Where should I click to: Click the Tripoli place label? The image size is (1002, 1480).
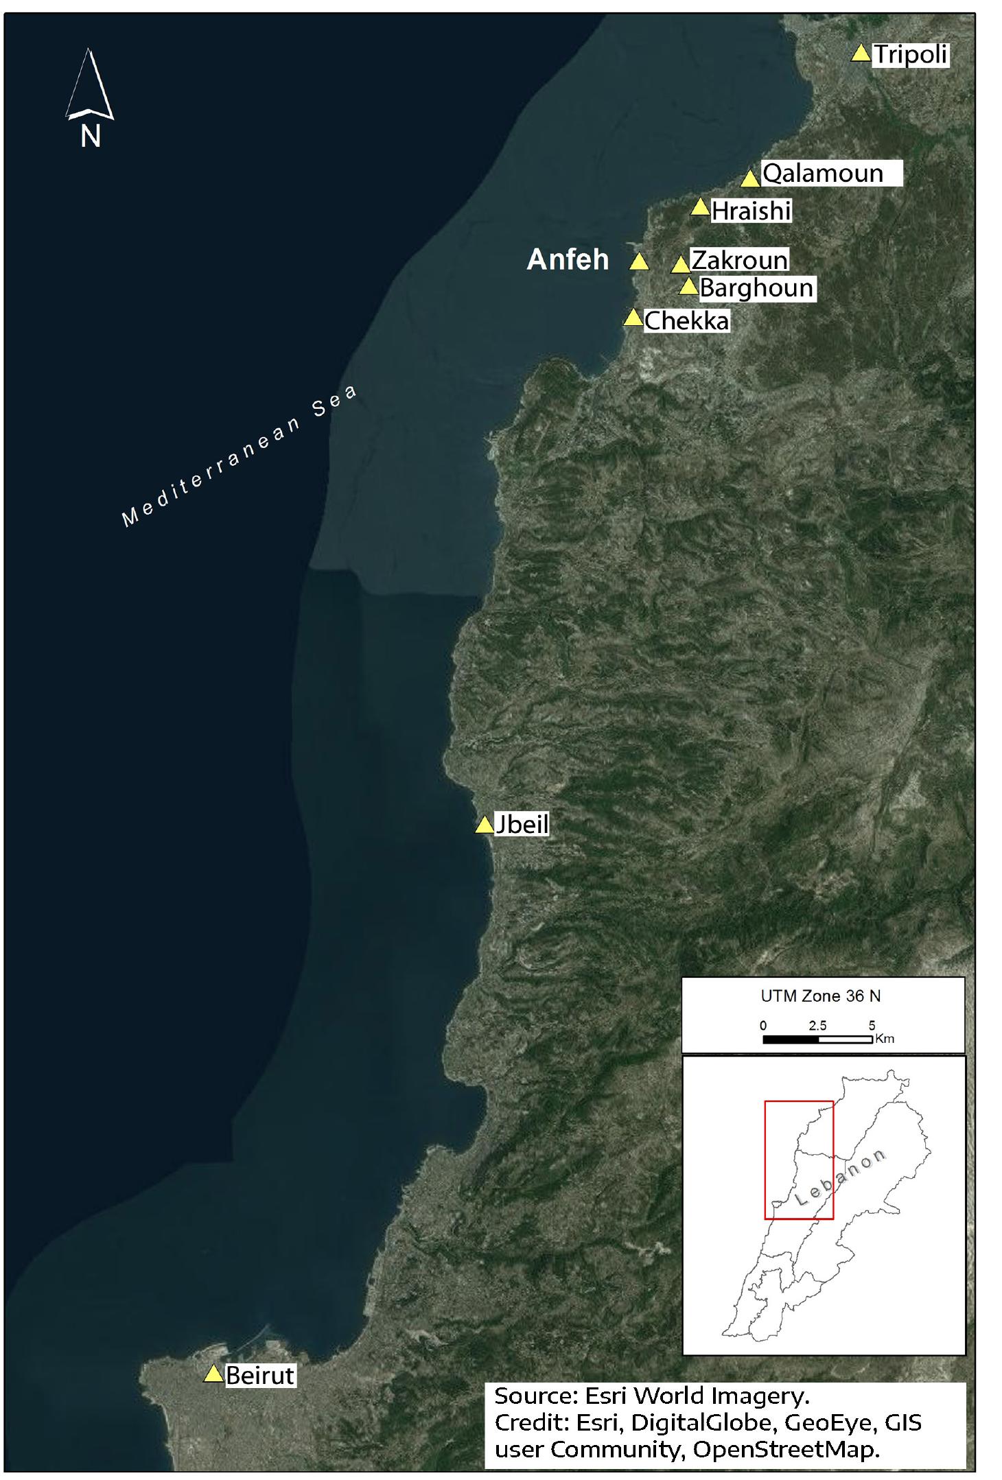coord(911,54)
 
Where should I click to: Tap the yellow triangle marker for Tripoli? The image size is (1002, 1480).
coord(861,54)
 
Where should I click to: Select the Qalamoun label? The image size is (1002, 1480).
coord(823,174)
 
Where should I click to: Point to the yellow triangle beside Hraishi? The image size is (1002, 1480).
coord(699,207)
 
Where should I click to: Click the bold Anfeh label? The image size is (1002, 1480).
coord(568,259)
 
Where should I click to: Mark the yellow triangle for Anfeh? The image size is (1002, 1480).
coord(639,261)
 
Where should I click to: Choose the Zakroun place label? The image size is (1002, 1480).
coord(739,260)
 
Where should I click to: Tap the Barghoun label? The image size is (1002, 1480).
coord(756,287)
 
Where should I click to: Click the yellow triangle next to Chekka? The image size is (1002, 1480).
coord(633,318)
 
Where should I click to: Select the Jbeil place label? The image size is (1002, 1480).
coord(522,824)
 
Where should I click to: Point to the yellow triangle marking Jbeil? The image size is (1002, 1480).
coord(485,825)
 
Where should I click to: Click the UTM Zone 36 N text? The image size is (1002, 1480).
coord(820,996)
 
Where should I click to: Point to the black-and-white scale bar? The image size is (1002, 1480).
coord(817,1039)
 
